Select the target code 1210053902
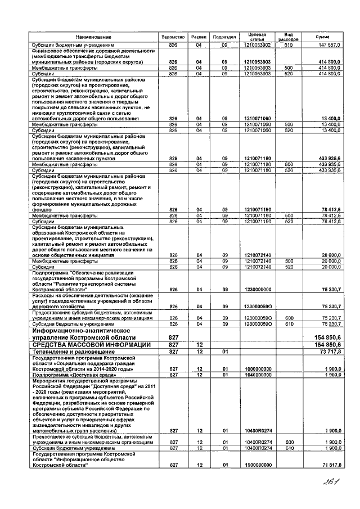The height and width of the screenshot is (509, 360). click(258, 44)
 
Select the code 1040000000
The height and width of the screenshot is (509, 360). click(258, 374)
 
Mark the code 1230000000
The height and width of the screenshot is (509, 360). click(258, 290)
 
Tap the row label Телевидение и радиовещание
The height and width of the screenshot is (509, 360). click(68, 352)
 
